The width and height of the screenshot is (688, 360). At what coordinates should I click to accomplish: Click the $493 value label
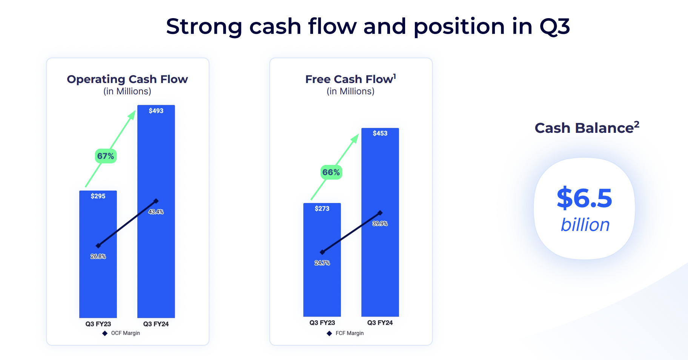[156, 111]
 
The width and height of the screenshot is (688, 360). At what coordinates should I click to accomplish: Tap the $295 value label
[98, 196]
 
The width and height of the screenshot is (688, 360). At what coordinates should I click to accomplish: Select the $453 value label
[380, 133]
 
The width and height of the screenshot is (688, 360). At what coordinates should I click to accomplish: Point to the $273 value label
[322, 208]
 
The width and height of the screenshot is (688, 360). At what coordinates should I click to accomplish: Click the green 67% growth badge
[106, 156]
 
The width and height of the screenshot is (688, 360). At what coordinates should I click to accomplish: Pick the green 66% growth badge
[331, 172]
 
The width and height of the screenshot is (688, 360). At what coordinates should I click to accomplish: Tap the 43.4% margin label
[156, 212]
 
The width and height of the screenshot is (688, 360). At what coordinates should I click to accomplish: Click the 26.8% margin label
[98, 256]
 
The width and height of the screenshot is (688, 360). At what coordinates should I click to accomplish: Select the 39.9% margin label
[380, 223]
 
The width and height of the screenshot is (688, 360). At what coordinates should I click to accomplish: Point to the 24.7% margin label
[322, 263]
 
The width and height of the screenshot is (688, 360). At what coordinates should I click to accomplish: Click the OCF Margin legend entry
[121, 333]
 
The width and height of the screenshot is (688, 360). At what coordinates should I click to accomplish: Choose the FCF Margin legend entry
[346, 333]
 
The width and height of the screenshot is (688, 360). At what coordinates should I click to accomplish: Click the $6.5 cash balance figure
[584, 198]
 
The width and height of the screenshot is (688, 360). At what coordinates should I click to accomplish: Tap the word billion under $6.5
[585, 225]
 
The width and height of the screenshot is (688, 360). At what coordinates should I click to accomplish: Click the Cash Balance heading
[587, 128]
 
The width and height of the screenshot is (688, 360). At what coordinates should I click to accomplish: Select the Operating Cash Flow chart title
[127, 79]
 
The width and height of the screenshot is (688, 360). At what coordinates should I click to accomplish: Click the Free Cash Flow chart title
[350, 79]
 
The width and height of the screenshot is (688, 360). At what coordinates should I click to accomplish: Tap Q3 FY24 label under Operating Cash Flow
[156, 324]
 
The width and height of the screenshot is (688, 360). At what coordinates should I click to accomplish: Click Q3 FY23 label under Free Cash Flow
[322, 323]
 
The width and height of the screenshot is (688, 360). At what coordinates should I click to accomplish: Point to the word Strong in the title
[204, 26]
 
